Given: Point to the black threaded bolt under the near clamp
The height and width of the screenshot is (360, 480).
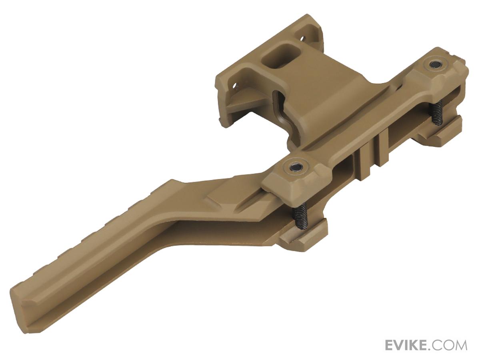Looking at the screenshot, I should pos(301,216).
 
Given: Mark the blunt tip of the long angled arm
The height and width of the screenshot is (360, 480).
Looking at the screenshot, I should pos(24,308).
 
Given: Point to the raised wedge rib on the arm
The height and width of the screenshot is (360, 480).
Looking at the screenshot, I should pos(224,200).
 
